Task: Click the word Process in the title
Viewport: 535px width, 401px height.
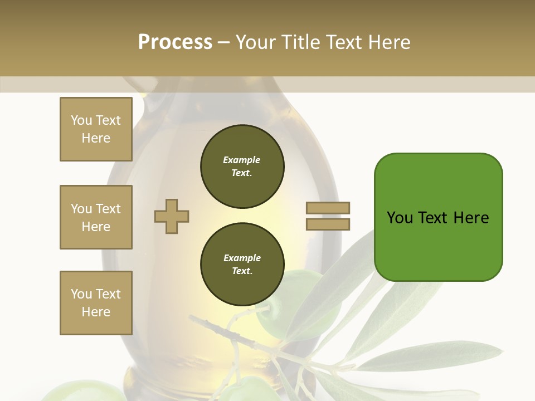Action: point(175,42)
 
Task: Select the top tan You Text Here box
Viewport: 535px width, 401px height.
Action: point(96,129)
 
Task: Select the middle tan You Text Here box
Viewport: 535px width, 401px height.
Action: point(96,217)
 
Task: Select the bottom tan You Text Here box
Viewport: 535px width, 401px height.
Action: point(96,303)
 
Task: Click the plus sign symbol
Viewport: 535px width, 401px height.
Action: point(172,216)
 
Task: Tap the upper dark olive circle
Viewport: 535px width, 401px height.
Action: point(242,167)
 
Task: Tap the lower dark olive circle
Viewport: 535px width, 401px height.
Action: point(242,265)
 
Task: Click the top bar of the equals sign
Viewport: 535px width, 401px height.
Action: point(328,208)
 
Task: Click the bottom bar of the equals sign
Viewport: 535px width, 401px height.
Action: point(328,224)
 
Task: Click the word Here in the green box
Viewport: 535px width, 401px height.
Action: point(471,218)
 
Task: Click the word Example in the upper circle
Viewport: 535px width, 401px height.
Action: point(241,160)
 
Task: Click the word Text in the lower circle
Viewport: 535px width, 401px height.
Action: point(241,271)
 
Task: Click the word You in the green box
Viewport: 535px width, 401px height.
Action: point(400,218)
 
